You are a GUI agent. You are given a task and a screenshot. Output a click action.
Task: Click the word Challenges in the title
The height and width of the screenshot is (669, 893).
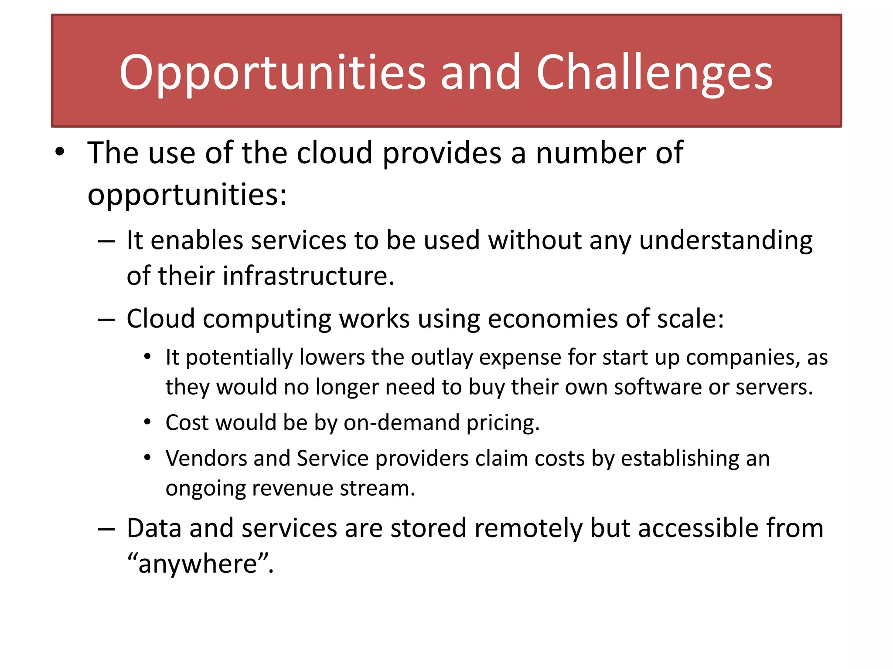(654, 73)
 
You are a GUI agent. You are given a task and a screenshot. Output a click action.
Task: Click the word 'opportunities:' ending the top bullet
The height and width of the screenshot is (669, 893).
(187, 194)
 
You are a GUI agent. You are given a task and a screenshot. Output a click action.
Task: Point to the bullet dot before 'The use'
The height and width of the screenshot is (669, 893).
(60, 152)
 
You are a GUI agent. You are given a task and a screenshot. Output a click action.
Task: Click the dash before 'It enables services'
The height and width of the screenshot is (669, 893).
(106, 241)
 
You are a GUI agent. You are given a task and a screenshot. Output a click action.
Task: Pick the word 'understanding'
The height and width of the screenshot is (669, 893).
(725, 241)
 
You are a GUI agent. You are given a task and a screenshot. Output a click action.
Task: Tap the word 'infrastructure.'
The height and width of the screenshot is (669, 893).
(308, 276)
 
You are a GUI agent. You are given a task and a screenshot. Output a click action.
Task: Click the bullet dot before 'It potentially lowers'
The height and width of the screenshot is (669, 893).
(147, 357)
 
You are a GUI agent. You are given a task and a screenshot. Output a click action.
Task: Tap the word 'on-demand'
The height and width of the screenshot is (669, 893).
(401, 423)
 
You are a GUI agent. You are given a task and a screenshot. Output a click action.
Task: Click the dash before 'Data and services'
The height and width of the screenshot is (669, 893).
(106, 529)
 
